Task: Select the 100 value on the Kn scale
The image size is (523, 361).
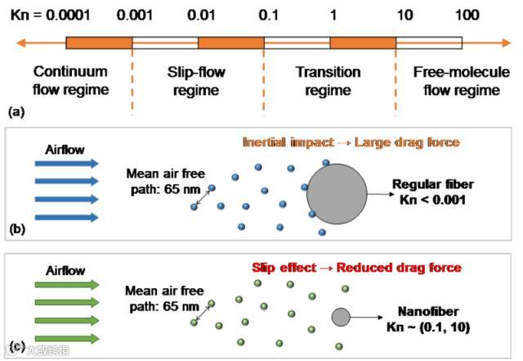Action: pos(467,16)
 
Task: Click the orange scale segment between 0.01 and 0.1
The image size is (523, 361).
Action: pos(230,43)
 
